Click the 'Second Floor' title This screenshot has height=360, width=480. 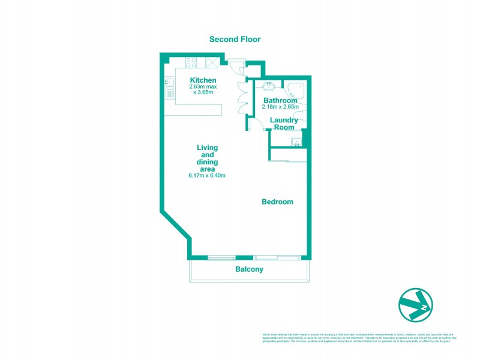235,40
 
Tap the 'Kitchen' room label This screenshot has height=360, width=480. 203,80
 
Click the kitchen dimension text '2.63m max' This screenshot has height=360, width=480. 203,88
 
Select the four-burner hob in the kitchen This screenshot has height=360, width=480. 193,62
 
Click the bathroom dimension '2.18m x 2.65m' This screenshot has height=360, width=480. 280,107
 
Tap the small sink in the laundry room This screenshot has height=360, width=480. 295,142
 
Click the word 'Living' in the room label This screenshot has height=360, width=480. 207,147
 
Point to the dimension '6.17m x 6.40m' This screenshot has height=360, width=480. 207,176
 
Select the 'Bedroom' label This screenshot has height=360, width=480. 277,202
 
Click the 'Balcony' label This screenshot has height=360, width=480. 249,270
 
